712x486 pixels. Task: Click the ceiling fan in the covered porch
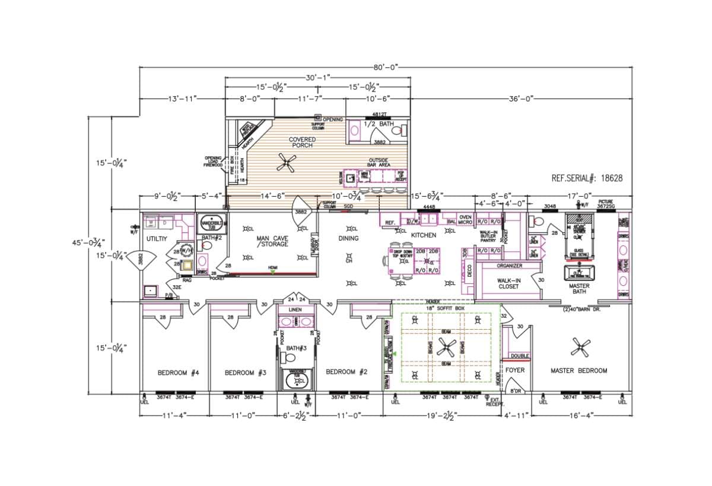click(288, 162)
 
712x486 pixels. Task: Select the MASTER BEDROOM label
click(578, 371)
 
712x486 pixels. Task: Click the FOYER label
click(514, 370)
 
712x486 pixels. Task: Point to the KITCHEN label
click(424, 235)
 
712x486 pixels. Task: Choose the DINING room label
click(348, 238)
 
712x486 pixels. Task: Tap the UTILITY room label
click(157, 238)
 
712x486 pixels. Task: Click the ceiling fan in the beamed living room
click(446, 347)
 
